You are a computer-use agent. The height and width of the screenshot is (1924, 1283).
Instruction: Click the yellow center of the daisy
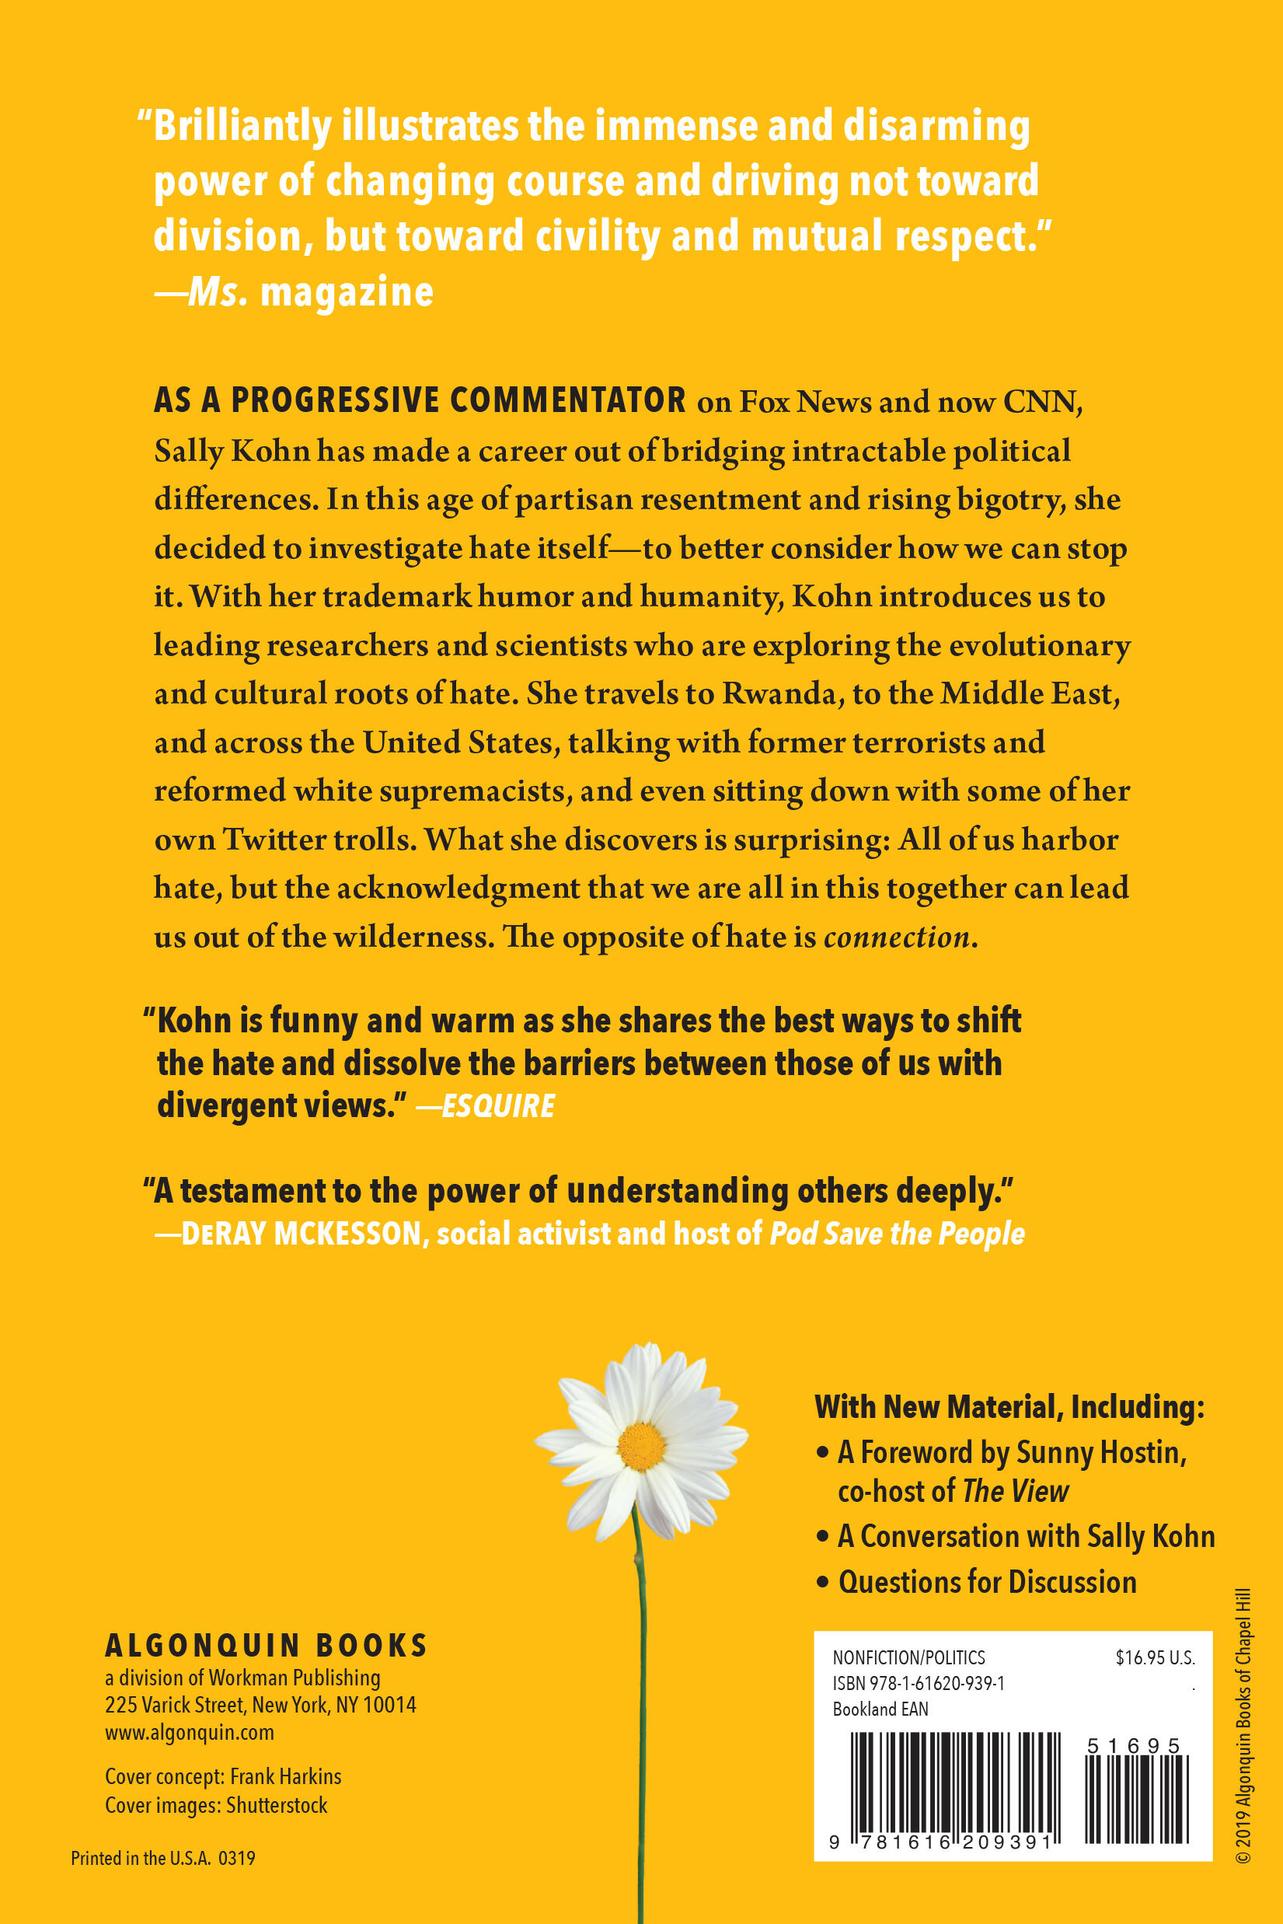click(x=642, y=1446)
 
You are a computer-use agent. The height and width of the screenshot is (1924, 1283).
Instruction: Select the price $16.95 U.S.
click(x=1155, y=1657)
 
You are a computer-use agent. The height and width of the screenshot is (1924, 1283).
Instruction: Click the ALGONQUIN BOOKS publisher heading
click(x=266, y=1645)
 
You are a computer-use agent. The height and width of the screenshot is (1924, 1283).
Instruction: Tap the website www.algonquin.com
click(x=189, y=1732)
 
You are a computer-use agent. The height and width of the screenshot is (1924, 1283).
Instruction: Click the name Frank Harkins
click(x=285, y=1777)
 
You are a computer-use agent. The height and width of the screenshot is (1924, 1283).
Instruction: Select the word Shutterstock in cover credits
click(x=277, y=1805)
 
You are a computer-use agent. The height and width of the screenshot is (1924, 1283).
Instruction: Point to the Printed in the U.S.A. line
click(x=163, y=1858)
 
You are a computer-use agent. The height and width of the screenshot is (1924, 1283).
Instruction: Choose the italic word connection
click(x=897, y=936)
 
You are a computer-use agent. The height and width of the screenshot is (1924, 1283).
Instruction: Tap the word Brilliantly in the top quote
click(x=242, y=127)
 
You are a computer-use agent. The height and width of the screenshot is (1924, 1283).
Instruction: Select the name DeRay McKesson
click(x=301, y=1234)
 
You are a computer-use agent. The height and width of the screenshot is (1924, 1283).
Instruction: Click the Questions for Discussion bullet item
click(x=987, y=1582)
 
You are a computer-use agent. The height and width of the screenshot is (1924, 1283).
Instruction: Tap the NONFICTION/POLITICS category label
click(x=908, y=1657)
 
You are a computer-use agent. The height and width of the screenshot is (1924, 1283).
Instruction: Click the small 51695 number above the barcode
click(x=1133, y=1747)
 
